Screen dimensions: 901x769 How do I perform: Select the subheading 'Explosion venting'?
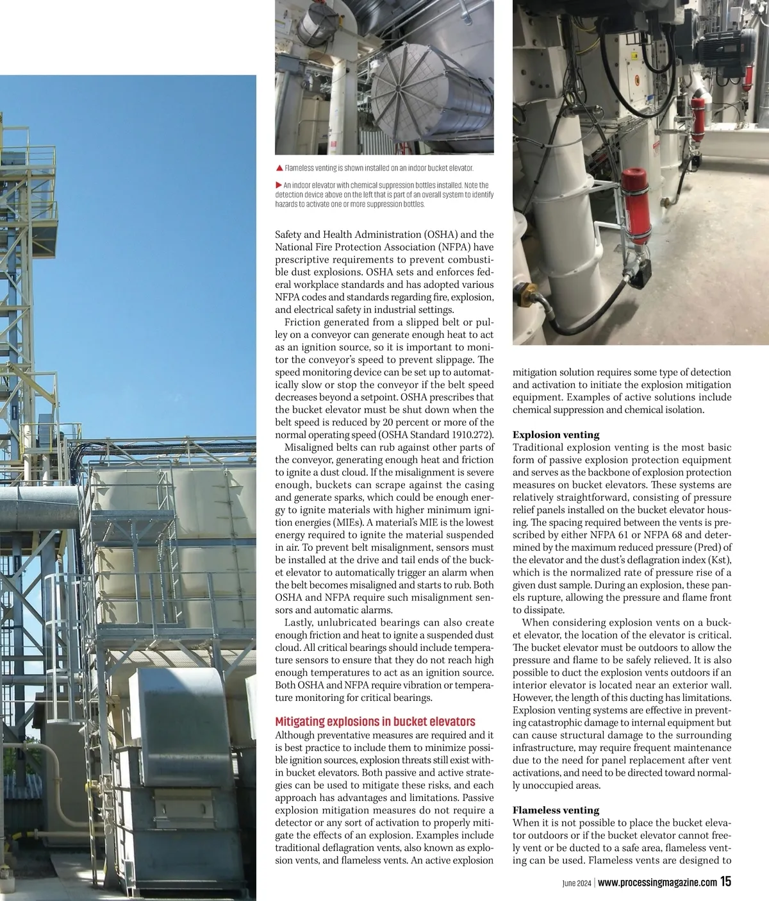[x=556, y=435]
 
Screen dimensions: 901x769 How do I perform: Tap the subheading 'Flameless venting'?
[x=556, y=810]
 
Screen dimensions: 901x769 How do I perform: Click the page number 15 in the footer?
[x=725, y=882]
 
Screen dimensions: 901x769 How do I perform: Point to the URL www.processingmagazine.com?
[x=657, y=882]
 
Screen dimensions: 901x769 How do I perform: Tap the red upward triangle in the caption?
[x=279, y=168]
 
